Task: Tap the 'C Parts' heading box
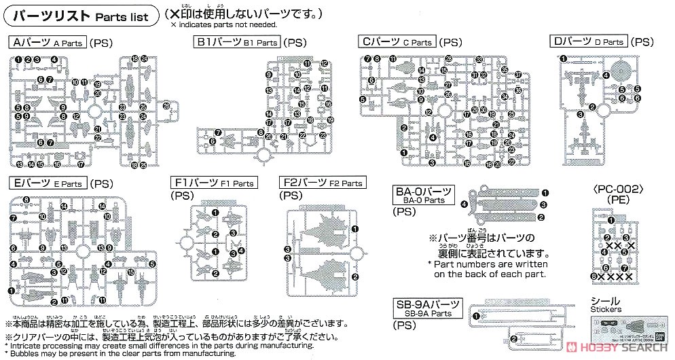[x=396, y=42]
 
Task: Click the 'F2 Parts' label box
[x=322, y=183]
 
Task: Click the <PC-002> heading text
[x=612, y=189]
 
